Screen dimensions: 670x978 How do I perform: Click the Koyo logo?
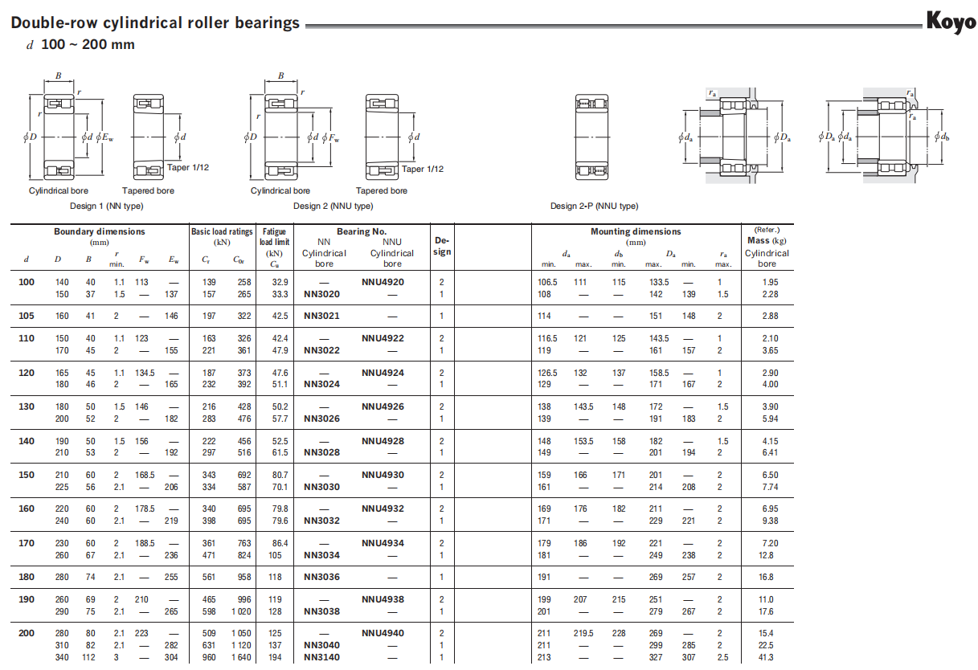pos(951,22)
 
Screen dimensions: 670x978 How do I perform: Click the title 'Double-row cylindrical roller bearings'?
pos(155,23)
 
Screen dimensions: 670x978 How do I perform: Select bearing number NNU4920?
pos(383,282)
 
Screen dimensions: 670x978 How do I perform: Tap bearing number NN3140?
pos(321,657)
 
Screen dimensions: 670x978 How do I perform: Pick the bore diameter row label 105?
pos(27,316)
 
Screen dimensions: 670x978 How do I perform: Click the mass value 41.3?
pos(766,657)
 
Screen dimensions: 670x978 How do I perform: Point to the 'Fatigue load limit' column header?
pos(274,237)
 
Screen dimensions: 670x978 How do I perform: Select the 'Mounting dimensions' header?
pos(636,231)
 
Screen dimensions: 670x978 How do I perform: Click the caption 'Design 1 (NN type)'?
pos(106,206)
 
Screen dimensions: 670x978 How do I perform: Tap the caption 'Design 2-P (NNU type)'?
pos(594,206)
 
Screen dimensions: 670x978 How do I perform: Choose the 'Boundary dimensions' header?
pos(100,231)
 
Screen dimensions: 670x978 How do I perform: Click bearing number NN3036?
pos(321,577)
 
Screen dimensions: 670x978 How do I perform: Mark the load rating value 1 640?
pos(240,657)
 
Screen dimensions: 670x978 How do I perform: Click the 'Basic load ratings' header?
pos(222,231)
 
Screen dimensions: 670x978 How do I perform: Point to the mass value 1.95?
pos(769,282)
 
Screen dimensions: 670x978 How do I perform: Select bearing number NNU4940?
pos(383,633)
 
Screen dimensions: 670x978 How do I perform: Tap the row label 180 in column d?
pos(27,577)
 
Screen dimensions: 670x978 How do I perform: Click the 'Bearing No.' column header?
pos(361,231)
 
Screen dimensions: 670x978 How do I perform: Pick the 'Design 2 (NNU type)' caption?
pos(333,206)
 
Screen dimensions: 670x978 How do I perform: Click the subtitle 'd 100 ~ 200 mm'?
pos(80,45)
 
